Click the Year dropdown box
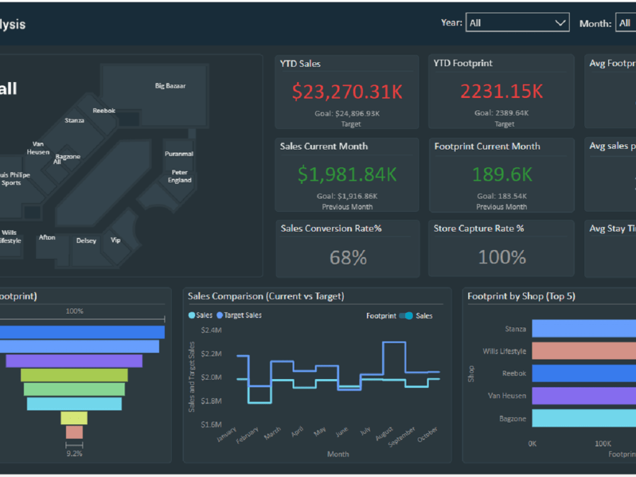[517, 23]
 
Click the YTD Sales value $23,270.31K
[347, 92]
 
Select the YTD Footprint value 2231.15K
[501, 92]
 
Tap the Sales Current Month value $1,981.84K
[347, 174]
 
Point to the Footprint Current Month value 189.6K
[501, 174]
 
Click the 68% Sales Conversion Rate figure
[348, 258]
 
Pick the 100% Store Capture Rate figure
[502, 258]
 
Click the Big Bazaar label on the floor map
[170, 86]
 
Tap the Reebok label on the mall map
[104, 111]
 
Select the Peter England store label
[179, 176]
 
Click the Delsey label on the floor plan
[86, 241]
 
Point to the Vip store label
[116, 240]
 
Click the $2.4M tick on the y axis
[211, 330]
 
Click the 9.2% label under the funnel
[74, 453]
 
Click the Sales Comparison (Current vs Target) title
[266, 296]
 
